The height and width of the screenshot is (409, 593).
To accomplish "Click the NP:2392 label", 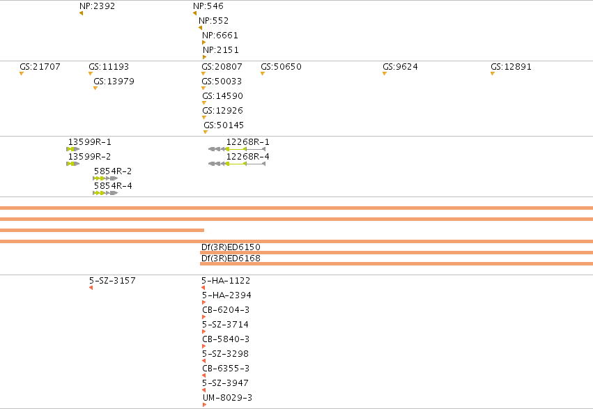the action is tap(97, 6).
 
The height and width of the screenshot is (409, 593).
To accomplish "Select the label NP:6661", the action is tap(220, 35).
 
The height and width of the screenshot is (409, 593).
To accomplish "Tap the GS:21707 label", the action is tap(40, 66).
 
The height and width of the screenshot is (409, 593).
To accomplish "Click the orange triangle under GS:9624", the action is tap(385, 74).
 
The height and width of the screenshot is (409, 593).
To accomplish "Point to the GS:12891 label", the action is tap(511, 66).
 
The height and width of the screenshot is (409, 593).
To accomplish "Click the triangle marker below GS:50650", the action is tap(263, 74).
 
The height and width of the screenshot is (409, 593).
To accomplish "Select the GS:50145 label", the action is tap(224, 125).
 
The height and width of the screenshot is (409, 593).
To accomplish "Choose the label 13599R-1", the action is tap(90, 141).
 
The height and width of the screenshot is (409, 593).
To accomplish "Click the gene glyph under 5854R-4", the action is tap(105, 193).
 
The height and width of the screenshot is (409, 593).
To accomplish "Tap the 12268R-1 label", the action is tap(247, 141).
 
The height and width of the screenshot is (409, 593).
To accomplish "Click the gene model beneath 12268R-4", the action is tap(237, 164).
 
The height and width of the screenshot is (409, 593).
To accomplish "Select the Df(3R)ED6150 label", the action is tap(231, 247).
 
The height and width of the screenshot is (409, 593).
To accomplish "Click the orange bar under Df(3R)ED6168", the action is tap(396, 264).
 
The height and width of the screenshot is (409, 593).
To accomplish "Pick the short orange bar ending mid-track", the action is tap(102, 230).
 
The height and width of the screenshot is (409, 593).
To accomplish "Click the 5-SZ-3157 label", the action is tap(112, 281).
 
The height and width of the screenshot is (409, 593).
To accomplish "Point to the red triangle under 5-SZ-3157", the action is tap(91, 288).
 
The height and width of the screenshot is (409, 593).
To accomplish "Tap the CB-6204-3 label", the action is tap(226, 310).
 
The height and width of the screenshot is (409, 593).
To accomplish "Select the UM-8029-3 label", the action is tap(227, 398).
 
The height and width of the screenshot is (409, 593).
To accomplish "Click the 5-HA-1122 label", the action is tap(226, 281).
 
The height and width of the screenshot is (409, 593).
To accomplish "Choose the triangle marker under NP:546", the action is tap(195, 14).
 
